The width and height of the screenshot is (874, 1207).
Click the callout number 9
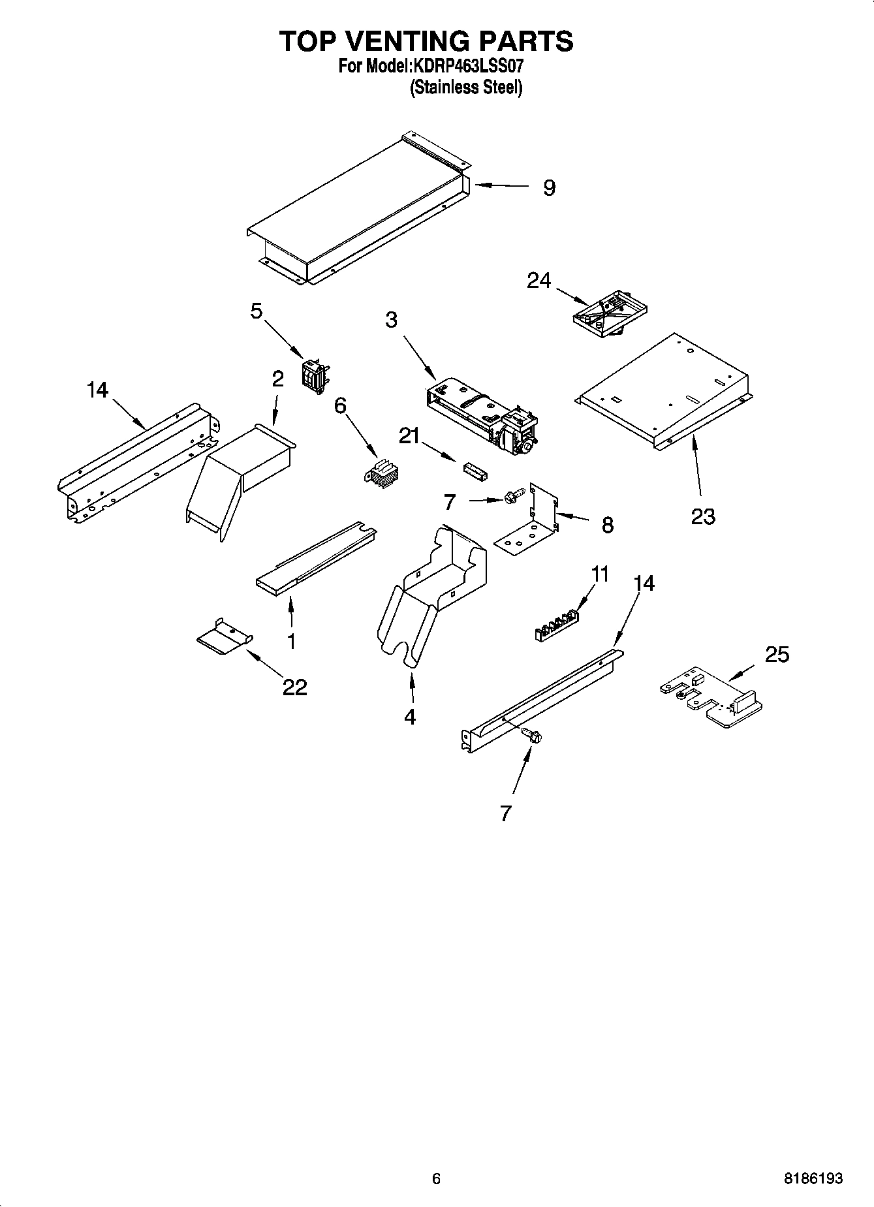[x=549, y=188]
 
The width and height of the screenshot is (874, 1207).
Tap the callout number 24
[x=539, y=281]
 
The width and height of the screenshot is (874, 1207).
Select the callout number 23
[x=703, y=516]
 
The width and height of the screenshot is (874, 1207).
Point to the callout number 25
[x=777, y=654]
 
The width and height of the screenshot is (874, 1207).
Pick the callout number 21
[x=409, y=436]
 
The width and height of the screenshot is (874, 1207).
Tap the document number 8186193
[x=813, y=1178]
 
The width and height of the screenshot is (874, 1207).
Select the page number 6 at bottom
[x=436, y=1178]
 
